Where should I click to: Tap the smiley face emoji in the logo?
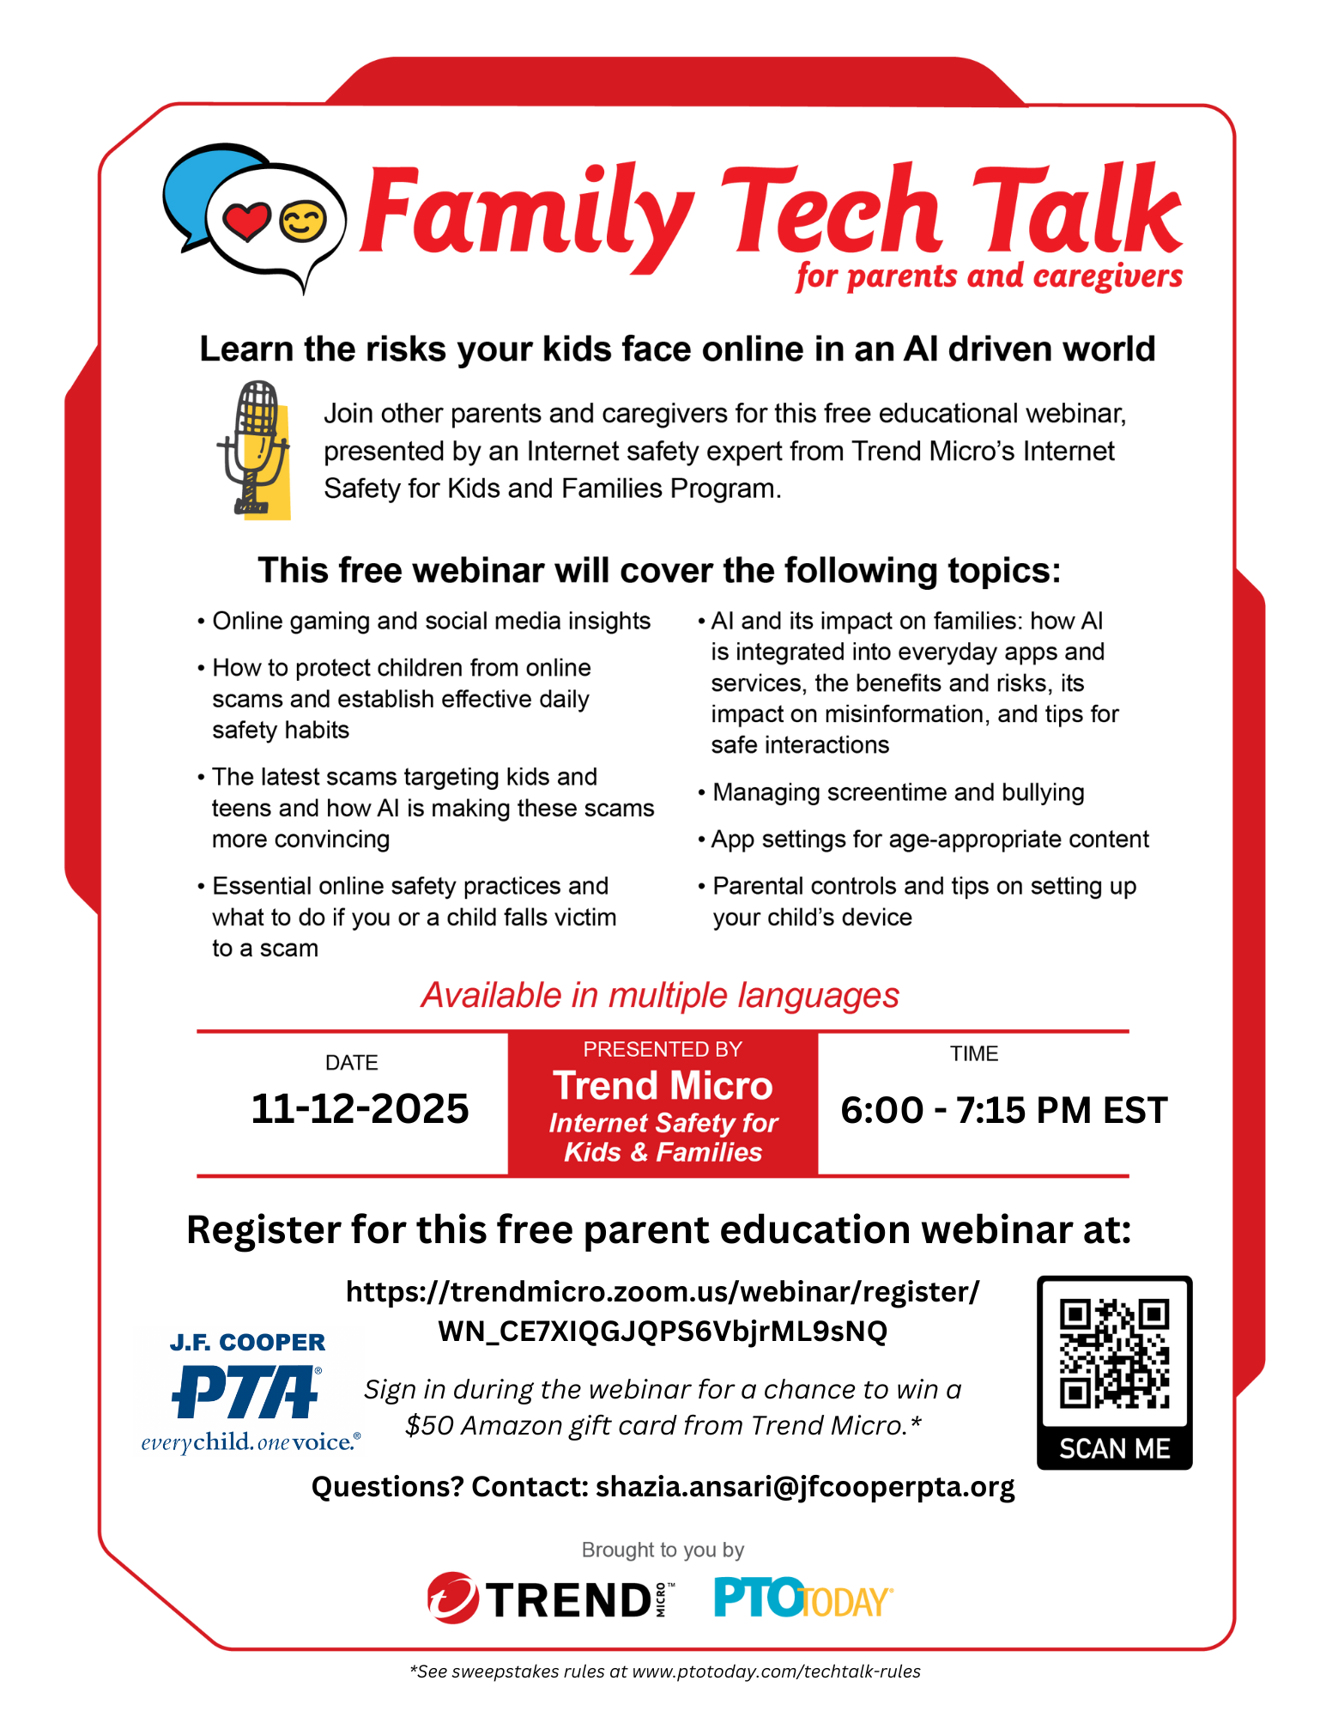pos(303,221)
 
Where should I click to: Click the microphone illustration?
pos(254,449)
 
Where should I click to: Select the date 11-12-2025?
pos(360,1108)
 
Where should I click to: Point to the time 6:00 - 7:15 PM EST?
pos(1003,1110)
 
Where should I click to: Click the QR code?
pos(1114,1354)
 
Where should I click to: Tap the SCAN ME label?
pos(1114,1449)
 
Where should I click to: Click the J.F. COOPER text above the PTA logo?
pos(247,1342)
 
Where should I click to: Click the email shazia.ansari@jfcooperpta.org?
pos(804,1486)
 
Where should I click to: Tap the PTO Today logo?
pos(802,1599)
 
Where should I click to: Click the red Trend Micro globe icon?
pos(452,1598)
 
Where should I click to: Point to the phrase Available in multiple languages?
pos(660,995)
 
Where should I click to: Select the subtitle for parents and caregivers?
pos(989,276)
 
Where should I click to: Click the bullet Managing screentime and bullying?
pos(898,792)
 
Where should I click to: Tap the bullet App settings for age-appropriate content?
pos(929,839)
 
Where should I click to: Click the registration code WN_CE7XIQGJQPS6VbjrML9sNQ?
pos(663,1331)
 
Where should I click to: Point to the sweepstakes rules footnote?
pos(664,1671)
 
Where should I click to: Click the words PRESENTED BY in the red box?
pos(663,1049)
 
